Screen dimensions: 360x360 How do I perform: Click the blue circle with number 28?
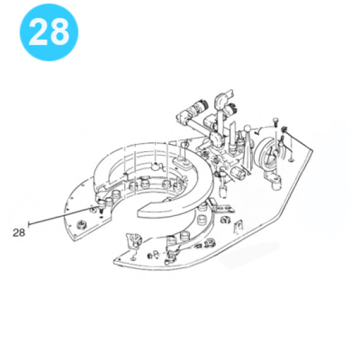pyautogui.click(x=49, y=32)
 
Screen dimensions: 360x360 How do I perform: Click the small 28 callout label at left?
pyautogui.click(x=19, y=232)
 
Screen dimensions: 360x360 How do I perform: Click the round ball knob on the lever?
pyautogui.click(x=247, y=128)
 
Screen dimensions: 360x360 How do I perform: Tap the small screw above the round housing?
pyautogui.click(x=275, y=121)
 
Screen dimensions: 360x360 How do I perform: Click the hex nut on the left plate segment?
pyautogui.click(x=81, y=224)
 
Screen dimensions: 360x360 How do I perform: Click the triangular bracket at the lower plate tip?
pyautogui.click(x=133, y=241)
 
